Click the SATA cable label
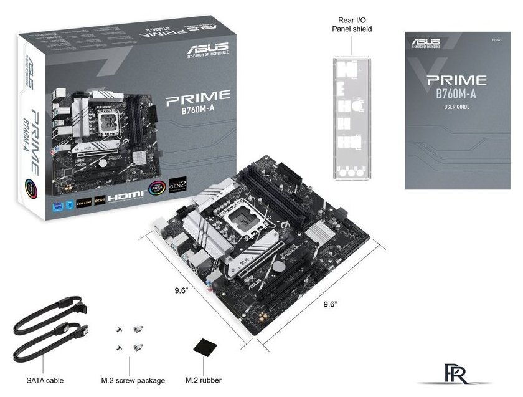(x=45, y=380)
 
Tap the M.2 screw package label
(x=133, y=380)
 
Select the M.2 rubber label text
(x=204, y=380)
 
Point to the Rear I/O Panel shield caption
(x=354, y=24)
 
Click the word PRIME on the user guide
(x=456, y=80)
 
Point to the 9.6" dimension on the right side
(x=330, y=304)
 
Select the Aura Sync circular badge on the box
(x=154, y=188)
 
